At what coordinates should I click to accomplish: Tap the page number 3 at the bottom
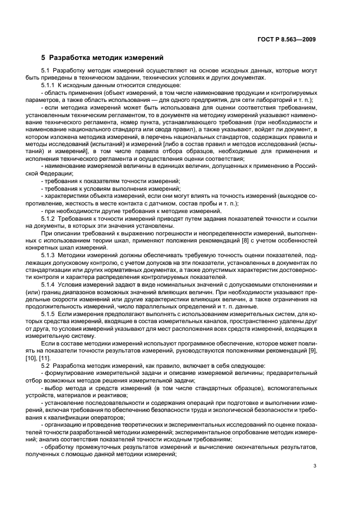tap(315, 465)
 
